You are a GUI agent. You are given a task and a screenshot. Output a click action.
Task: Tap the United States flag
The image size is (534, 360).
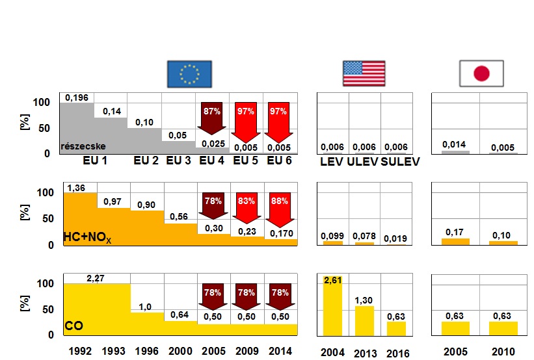(x=364, y=73)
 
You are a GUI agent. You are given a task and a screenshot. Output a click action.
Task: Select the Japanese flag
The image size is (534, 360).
(x=482, y=73)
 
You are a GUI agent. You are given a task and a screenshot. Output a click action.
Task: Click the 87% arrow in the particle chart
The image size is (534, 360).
(x=211, y=117)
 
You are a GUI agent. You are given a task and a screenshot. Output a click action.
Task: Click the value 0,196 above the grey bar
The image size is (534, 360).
(x=77, y=97)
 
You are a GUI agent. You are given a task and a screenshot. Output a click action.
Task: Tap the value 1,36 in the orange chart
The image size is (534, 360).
(x=76, y=188)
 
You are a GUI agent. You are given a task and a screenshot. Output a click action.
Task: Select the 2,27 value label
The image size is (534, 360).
(x=96, y=279)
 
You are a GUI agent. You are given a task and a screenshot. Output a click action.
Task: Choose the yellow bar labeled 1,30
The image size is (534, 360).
(x=365, y=320)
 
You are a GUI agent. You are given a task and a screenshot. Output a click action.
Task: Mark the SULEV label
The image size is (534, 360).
(x=401, y=161)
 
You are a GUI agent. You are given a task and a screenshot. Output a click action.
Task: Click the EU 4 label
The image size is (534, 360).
(x=212, y=160)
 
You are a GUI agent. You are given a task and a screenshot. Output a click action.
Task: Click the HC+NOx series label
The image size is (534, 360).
(x=88, y=239)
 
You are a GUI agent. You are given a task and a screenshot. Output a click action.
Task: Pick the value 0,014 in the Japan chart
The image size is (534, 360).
(x=455, y=144)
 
